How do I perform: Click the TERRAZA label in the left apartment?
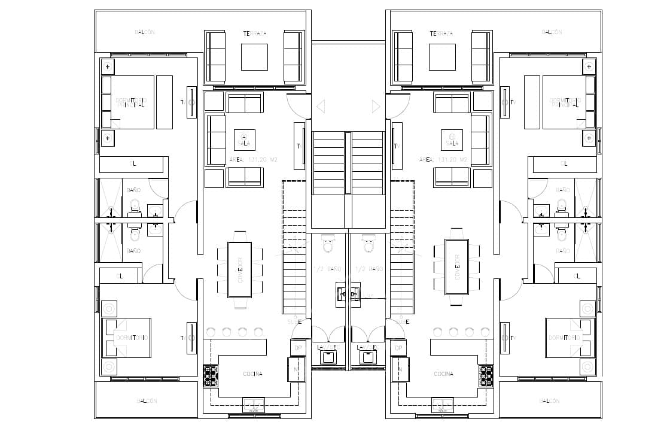[255, 34]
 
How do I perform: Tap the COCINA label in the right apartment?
[443, 374]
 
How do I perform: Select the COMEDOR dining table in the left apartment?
[239, 269]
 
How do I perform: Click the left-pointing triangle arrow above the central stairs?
[321, 107]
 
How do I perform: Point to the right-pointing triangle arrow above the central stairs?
[375, 107]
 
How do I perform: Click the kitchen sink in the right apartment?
[443, 406]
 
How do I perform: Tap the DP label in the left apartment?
[297, 348]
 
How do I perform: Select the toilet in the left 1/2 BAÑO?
[328, 245]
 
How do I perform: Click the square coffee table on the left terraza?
[254, 57]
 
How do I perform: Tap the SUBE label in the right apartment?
[401, 321]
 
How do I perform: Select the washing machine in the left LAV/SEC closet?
[328, 357]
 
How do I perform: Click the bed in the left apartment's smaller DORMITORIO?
[127, 338]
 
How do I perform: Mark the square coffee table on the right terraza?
[442, 57]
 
